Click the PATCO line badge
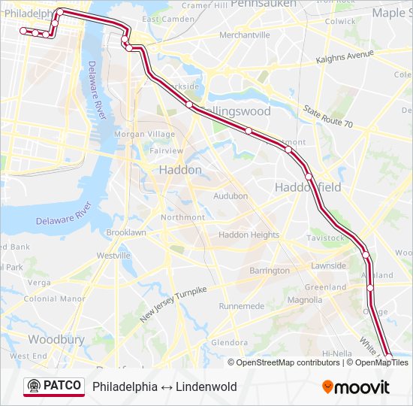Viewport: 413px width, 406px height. pos(53,386)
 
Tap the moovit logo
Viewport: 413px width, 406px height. pos(356,387)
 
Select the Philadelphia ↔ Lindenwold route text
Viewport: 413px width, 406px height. pos(164,387)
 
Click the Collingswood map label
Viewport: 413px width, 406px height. pos(234,111)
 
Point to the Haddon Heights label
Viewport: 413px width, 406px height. pos(249,235)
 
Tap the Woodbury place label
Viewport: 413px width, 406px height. pos(56,339)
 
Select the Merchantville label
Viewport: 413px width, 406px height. pos(244,35)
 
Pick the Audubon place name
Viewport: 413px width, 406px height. pos(231,196)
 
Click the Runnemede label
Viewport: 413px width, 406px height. pos(242,306)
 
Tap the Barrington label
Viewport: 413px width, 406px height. pos(269,271)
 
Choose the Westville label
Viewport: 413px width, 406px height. pos(113,256)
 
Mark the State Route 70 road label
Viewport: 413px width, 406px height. pos(327,116)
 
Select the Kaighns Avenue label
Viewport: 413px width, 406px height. pos(345,58)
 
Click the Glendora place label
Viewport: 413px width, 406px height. pos(229,343)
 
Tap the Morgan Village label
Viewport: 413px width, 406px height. pos(143,135)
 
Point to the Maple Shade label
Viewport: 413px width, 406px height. pos(388,13)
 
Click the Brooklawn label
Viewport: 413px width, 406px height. pos(126,233)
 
